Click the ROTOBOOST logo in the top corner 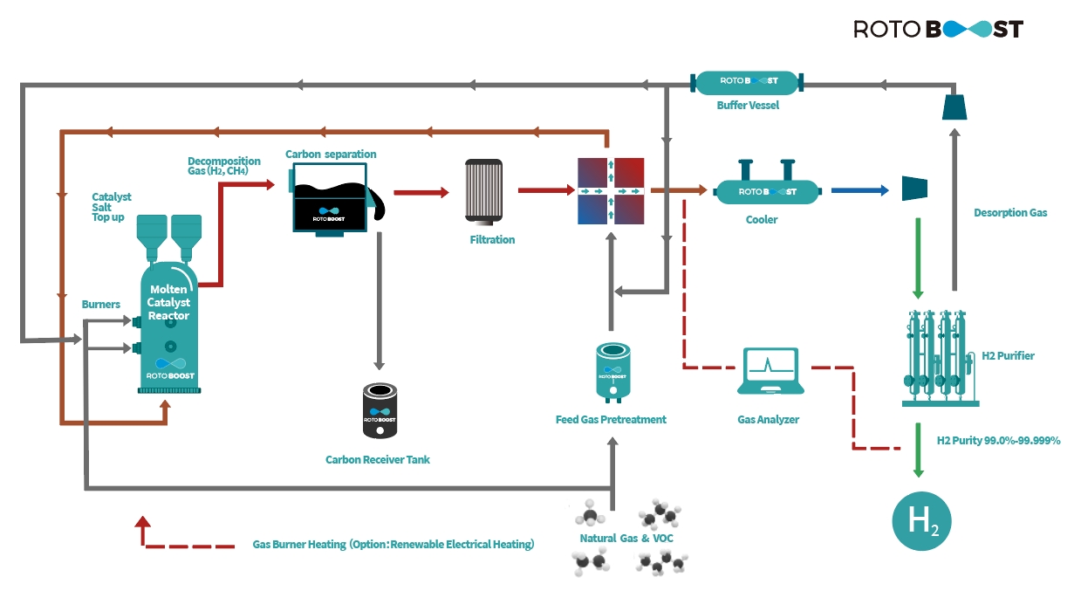[938, 29]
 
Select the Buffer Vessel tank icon [747, 82]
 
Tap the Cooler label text [762, 220]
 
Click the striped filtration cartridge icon [483, 192]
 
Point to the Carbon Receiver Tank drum [380, 410]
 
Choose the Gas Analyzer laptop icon [770, 371]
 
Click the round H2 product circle [921, 521]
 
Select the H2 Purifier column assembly [940, 358]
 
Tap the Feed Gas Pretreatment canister [612, 372]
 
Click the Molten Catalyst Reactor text [168, 302]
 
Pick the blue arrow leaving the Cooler [859, 190]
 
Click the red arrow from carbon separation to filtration [421, 192]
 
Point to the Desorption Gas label [1010, 212]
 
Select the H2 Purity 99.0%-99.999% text [998, 440]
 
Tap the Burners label [101, 304]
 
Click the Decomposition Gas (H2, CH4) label [224, 166]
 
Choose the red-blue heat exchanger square [611, 191]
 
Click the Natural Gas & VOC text [626, 538]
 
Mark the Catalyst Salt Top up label [111, 207]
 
